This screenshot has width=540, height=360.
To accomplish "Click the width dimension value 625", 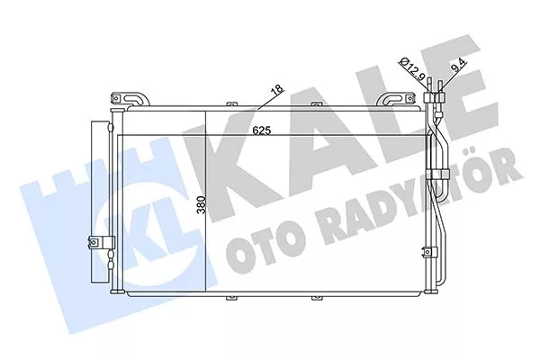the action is click(x=262, y=130).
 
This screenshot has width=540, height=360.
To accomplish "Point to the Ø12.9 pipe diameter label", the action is click(x=412, y=69).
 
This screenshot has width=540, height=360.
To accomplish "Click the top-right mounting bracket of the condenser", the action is click(x=397, y=98).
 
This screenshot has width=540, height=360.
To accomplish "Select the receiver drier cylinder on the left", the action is click(x=100, y=202).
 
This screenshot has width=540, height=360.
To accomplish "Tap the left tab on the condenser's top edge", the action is click(x=232, y=103).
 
